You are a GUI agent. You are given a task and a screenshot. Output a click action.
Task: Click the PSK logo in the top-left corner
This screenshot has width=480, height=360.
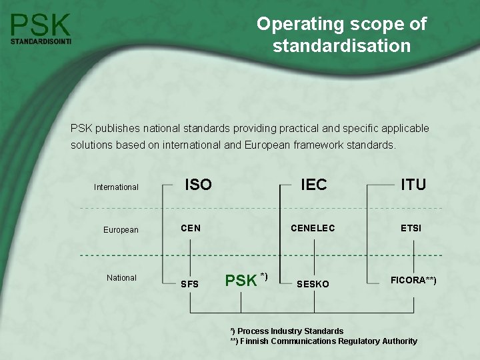pyautogui.click(x=41, y=25)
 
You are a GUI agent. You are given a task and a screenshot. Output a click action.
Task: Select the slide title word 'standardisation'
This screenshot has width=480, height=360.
pyautogui.click(x=341, y=46)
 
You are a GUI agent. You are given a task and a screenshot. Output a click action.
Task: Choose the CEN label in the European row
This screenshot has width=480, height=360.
pyautogui.click(x=191, y=229)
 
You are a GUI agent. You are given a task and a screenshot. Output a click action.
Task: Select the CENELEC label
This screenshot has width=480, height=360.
pyautogui.click(x=313, y=229)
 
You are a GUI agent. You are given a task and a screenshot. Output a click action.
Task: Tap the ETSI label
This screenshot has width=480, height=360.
pyautogui.click(x=411, y=229)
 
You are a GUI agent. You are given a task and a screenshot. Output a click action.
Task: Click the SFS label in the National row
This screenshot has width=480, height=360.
pyautogui.click(x=190, y=284)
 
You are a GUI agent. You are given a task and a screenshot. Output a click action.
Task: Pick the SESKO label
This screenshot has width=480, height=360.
pyautogui.click(x=313, y=284)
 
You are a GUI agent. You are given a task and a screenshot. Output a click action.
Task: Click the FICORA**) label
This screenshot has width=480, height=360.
pyautogui.click(x=413, y=280)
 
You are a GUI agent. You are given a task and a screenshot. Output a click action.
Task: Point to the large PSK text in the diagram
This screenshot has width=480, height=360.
pyautogui.click(x=241, y=281)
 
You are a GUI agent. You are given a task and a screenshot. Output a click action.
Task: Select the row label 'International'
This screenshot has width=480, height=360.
pyautogui.click(x=116, y=187)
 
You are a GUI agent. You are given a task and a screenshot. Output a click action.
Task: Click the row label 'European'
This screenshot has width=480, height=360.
pyautogui.click(x=121, y=230)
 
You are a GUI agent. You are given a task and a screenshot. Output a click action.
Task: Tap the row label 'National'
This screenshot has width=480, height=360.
pyautogui.click(x=121, y=278)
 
